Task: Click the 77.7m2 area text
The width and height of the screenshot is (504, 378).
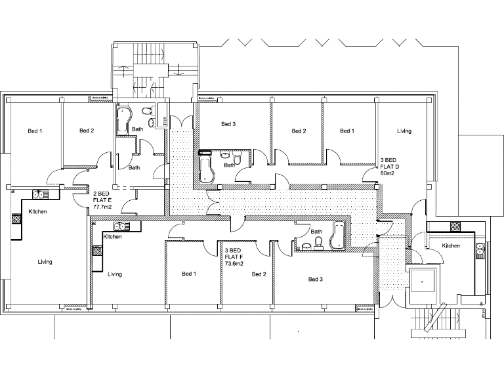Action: click(x=102, y=206)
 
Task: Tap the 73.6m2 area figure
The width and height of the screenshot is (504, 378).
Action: click(x=234, y=264)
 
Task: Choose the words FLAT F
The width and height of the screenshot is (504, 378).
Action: click(x=235, y=257)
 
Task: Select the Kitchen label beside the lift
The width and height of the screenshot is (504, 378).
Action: click(x=451, y=245)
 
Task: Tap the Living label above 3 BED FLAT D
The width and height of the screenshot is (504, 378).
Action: click(x=404, y=131)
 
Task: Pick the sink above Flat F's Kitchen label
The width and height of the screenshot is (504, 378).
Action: click(x=128, y=226)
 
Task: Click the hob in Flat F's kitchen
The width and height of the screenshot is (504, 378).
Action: click(x=97, y=251)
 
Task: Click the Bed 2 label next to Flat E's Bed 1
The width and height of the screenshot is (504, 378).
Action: click(x=87, y=131)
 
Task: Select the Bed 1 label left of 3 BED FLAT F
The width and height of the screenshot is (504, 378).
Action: click(x=189, y=274)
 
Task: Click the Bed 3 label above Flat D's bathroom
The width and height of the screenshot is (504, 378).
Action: click(x=228, y=124)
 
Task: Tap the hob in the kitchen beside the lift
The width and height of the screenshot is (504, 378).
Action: click(x=454, y=226)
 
